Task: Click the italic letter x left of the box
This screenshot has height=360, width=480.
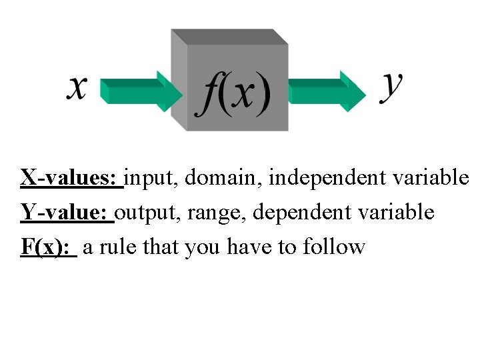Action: pos(77,88)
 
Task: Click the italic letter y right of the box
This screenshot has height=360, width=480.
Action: pos(391,87)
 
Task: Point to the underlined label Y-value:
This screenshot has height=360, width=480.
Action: pos(66,212)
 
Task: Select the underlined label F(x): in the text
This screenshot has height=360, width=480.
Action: pos(47,247)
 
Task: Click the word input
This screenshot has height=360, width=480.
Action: pos(152,179)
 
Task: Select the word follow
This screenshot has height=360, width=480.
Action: pos(334,247)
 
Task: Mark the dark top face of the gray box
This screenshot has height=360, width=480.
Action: pos(230,37)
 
